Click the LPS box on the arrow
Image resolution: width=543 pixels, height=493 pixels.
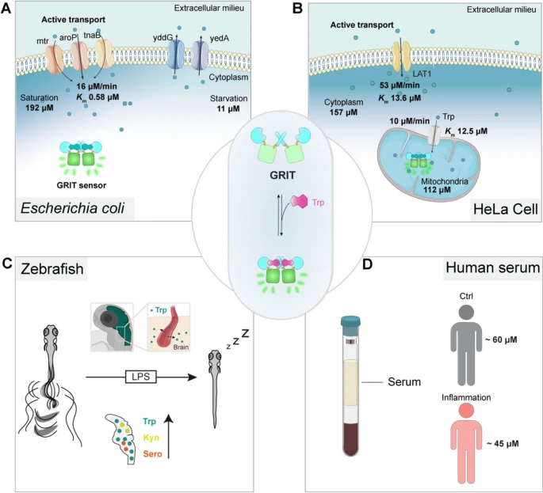point(141,376)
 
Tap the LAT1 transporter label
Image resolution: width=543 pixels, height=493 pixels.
point(422,74)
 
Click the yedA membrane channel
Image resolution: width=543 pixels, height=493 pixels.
point(200,54)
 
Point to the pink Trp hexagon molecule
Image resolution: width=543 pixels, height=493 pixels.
point(299,201)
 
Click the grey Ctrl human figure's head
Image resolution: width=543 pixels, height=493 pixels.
point(467,313)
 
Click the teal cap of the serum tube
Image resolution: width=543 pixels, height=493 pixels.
point(351,323)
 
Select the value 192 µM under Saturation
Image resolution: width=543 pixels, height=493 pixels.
point(39,108)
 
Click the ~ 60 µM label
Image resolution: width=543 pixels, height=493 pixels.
point(501,339)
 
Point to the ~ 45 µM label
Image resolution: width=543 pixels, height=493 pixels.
point(503,444)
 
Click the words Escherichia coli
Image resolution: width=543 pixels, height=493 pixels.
point(72,209)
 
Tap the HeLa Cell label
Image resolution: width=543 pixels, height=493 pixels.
point(505,209)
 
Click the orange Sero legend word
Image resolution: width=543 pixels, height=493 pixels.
point(152,453)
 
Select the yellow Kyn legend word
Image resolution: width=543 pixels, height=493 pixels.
point(151,438)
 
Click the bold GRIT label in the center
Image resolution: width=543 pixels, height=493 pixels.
point(283,176)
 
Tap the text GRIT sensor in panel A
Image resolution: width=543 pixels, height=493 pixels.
point(82,185)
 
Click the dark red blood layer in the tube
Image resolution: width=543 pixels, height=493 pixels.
point(351,438)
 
